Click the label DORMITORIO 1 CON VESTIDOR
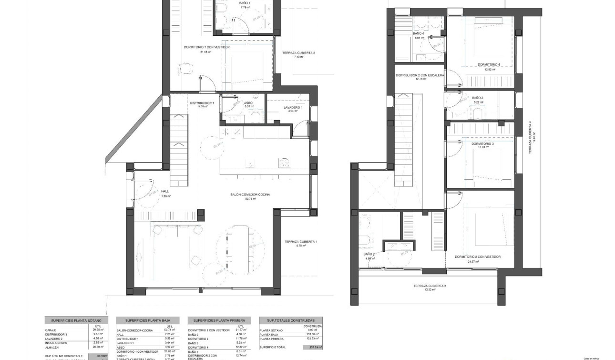coord(207,47)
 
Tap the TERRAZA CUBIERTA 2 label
coord(298,53)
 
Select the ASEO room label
coord(248,103)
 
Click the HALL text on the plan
coord(165,192)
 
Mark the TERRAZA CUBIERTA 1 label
coord(301,242)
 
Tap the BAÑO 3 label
coord(478,98)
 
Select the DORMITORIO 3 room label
coord(482,144)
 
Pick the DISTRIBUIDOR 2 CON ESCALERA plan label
coord(420,75)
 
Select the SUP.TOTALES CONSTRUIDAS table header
coord(290,321)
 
